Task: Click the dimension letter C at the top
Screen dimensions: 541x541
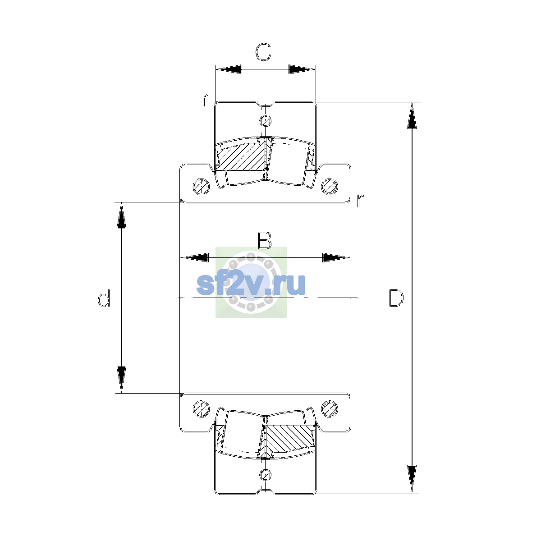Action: pyautogui.click(x=263, y=52)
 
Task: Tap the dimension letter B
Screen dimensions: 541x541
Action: pyautogui.click(x=265, y=240)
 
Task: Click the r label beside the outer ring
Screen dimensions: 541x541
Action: pyautogui.click(x=206, y=99)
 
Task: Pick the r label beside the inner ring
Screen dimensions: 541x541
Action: pyautogui.click(x=360, y=200)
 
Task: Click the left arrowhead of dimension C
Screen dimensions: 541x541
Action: pyautogui.click(x=229, y=69)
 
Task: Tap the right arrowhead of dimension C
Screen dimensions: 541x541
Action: pyautogui.click(x=303, y=69)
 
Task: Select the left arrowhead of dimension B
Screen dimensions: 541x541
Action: pyautogui.click(x=195, y=257)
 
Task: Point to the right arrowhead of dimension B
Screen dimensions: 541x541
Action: pyautogui.click(x=336, y=257)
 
